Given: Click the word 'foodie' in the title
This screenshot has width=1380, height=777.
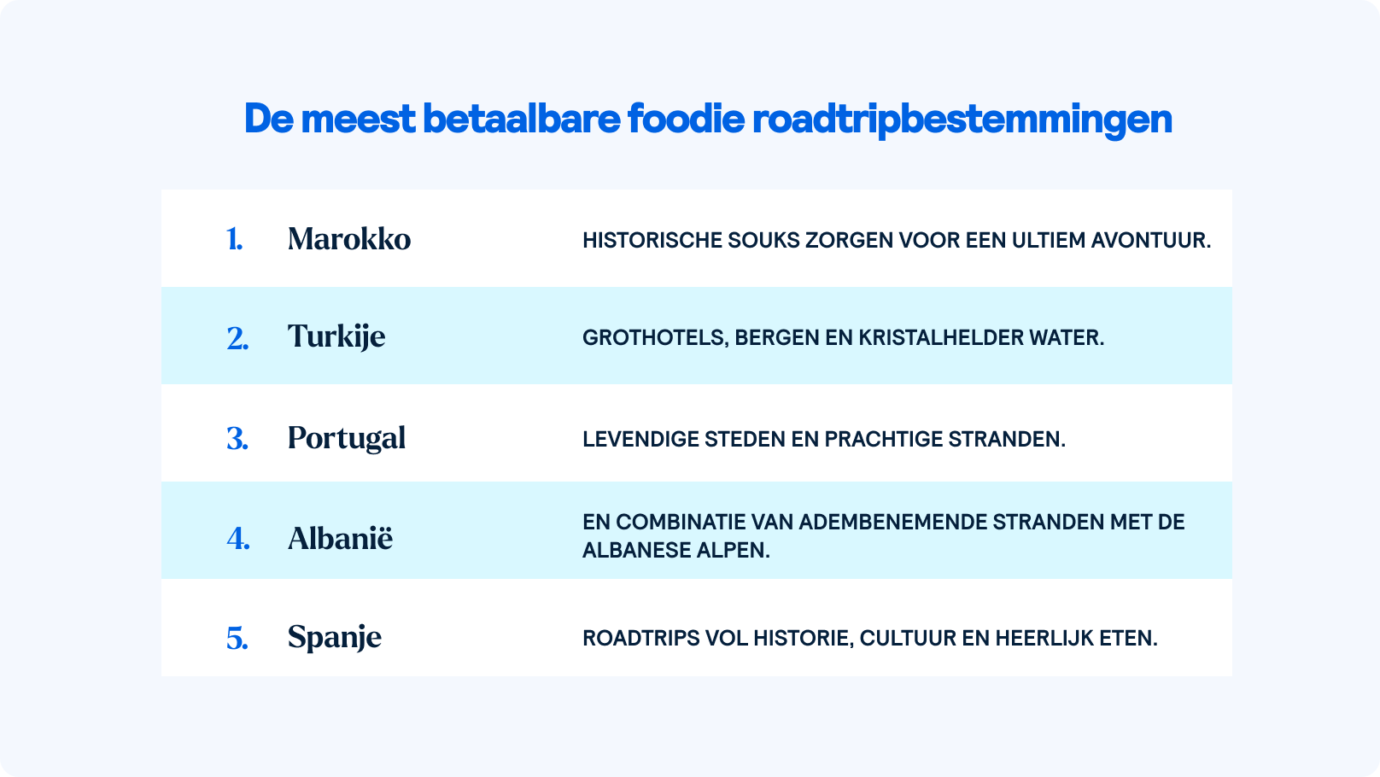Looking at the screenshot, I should tap(687, 119).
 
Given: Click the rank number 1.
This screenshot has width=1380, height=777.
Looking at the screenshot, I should tap(234, 239).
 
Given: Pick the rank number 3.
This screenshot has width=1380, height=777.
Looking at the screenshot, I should tap(237, 439).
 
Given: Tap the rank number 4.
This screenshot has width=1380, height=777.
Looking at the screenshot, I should tap(238, 539).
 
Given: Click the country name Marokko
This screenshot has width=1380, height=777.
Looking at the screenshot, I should tap(349, 239).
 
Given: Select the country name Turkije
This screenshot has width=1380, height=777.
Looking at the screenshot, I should tap(336, 336).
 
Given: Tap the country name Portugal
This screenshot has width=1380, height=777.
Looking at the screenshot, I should tap(347, 438).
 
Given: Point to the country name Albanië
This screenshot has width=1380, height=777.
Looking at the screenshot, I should tap(340, 538).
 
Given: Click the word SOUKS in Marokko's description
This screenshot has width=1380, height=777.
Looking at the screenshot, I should tap(763, 241).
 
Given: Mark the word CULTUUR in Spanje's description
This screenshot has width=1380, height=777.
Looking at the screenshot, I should tap(908, 639).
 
